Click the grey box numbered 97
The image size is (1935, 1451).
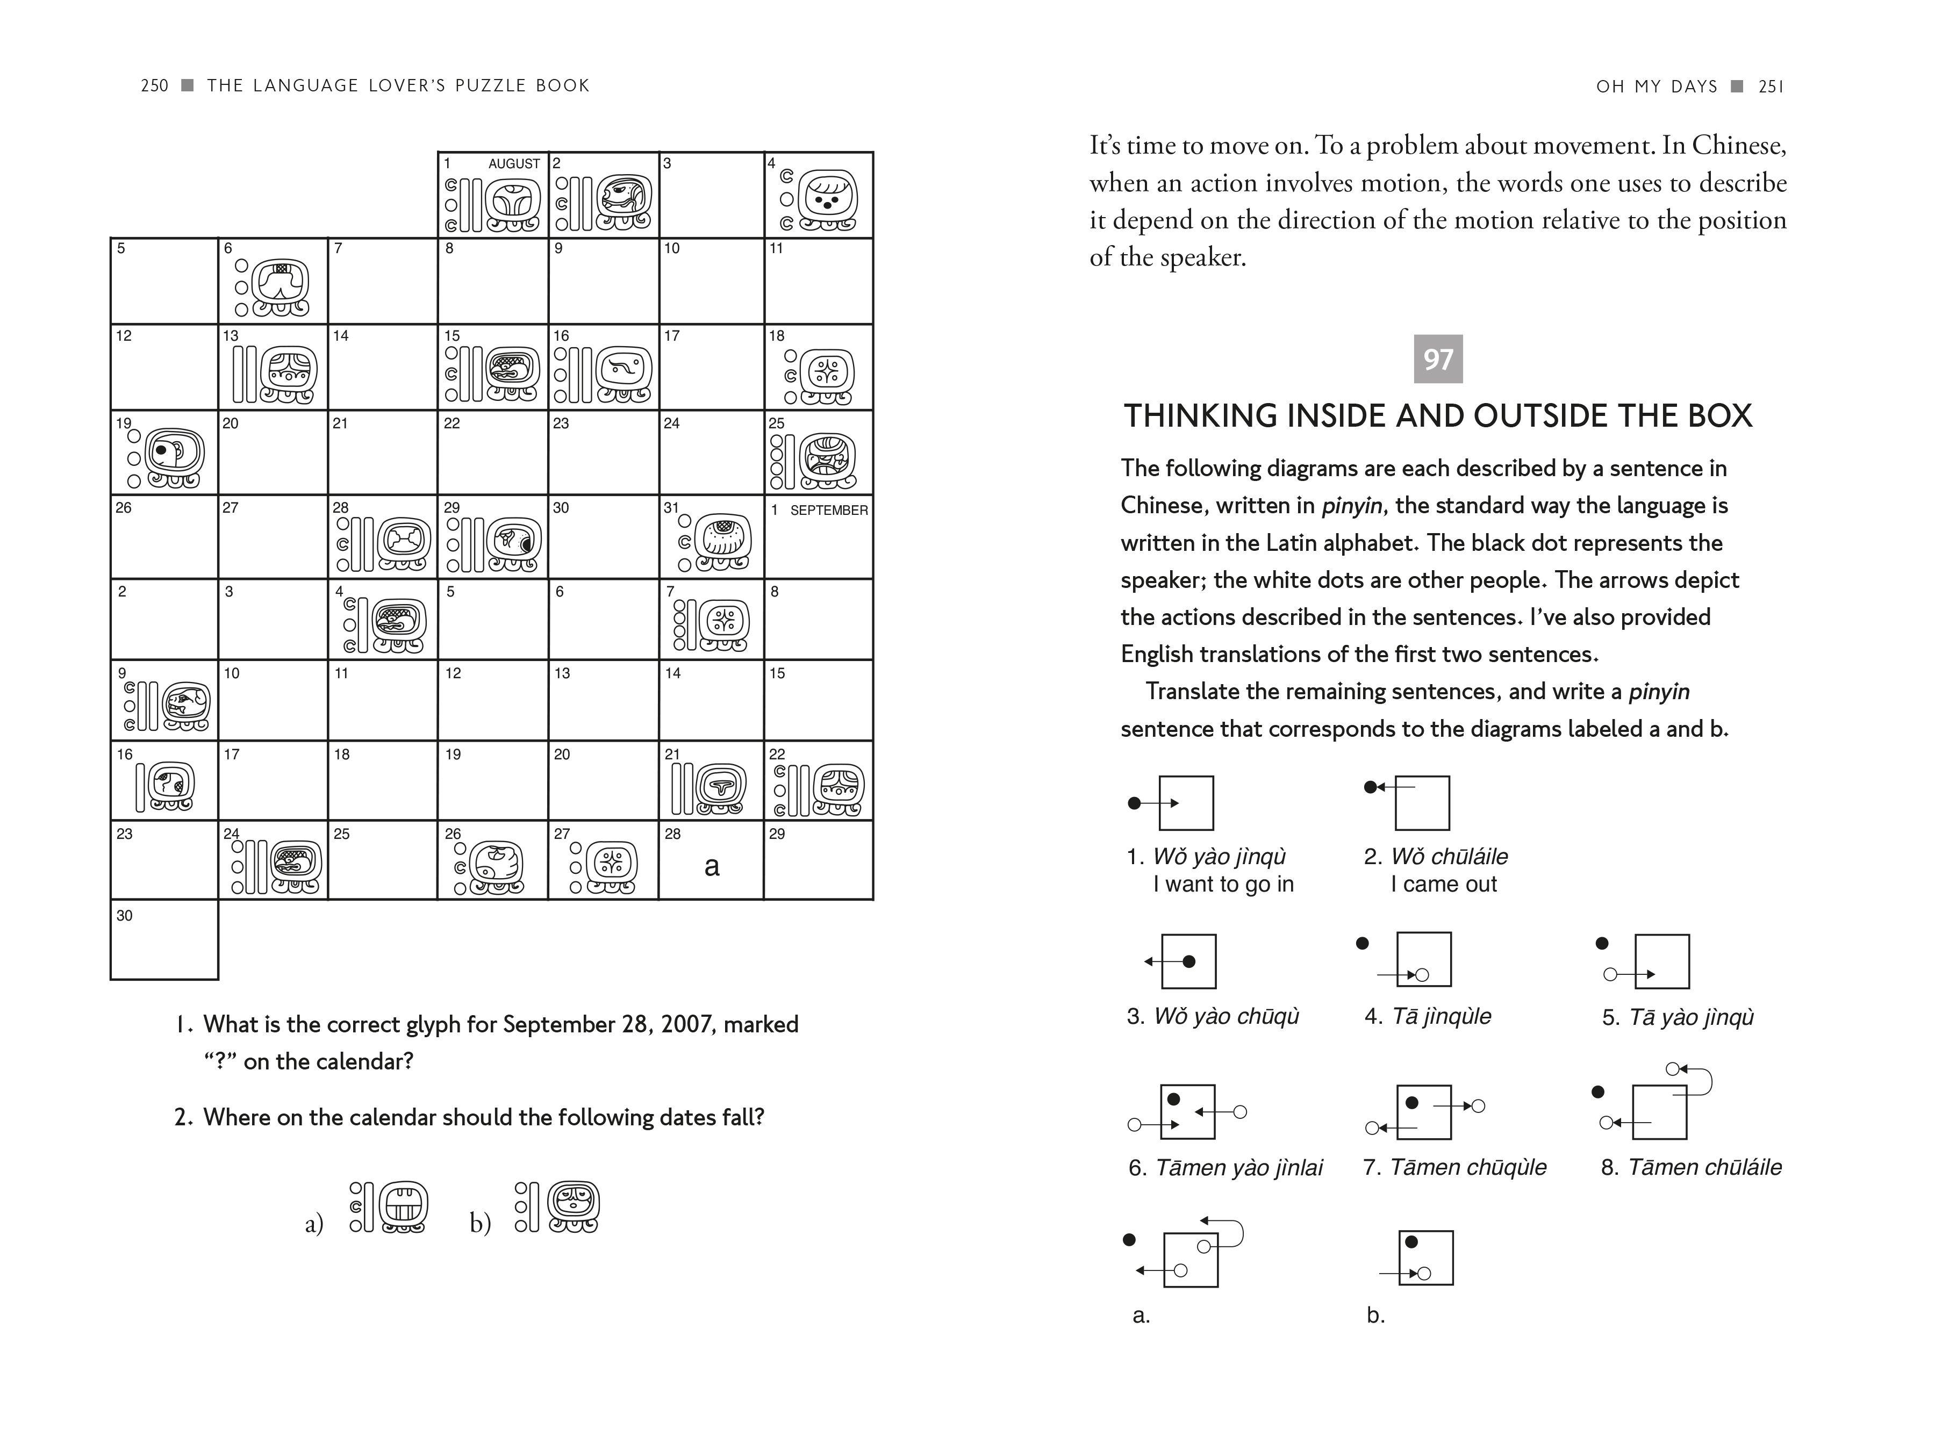click(x=1437, y=358)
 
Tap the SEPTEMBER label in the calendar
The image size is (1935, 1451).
click(x=828, y=510)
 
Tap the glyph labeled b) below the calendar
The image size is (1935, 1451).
click(x=557, y=1207)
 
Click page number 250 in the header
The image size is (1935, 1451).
click(x=154, y=85)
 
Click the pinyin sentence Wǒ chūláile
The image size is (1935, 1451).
click(x=1449, y=856)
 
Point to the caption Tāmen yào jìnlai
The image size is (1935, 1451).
click(x=1239, y=1168)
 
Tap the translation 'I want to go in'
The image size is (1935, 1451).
click(x=1223, y=884)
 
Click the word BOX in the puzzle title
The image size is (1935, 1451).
click(x=1719, y=415)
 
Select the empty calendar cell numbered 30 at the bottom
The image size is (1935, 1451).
click(x=164, y=940)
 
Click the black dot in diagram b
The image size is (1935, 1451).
click(x=1410, y=1242)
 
